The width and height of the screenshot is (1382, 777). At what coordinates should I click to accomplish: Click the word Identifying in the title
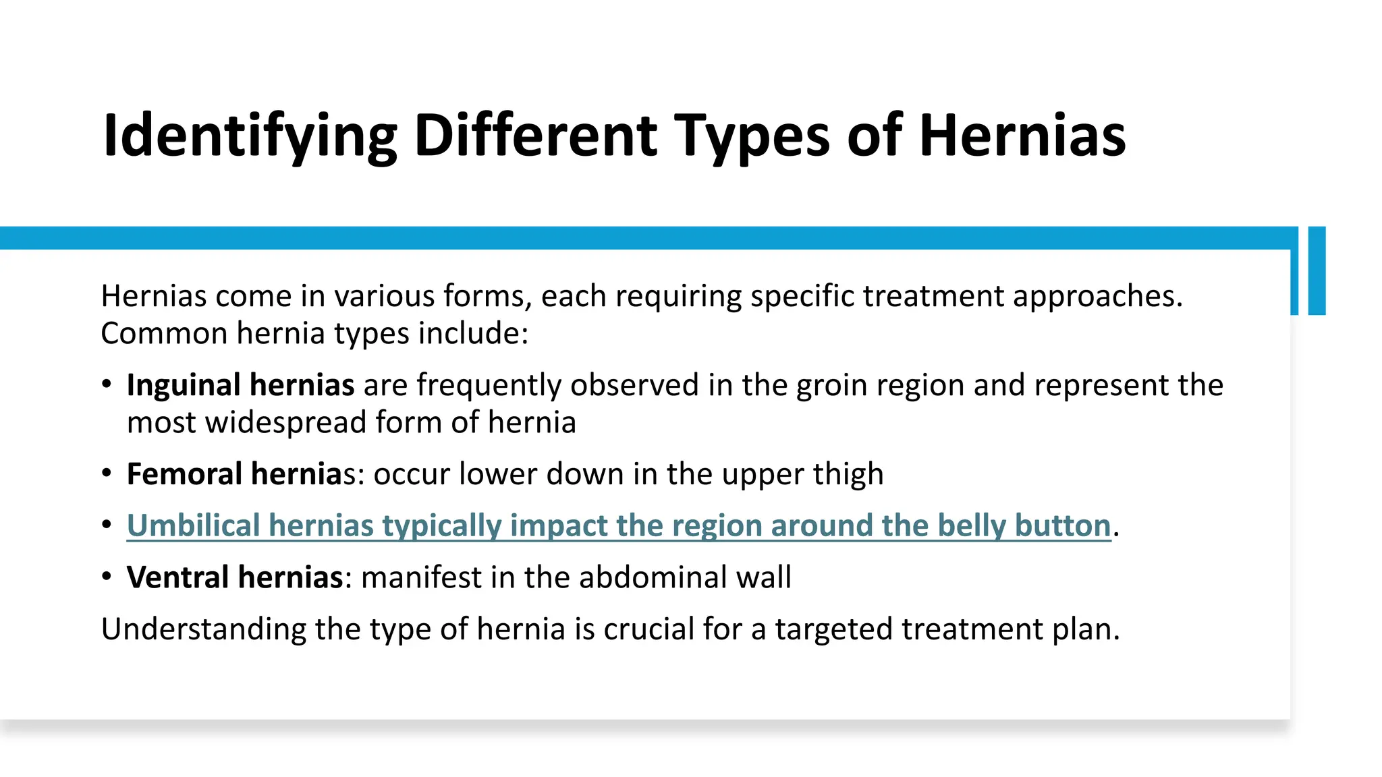(250, 136)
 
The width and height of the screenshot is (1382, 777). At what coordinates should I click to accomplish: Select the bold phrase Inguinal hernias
(240, 385)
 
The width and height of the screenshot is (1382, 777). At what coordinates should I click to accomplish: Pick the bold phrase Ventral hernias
(235, 577)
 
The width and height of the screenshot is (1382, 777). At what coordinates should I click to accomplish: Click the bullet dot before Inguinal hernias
(107, 384)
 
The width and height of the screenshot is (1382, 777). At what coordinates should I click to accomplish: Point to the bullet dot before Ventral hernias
(107, 577)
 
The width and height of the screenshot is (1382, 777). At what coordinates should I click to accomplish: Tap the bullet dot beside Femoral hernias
(107, 473)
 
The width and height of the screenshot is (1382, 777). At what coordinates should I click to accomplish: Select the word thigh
(848, 474)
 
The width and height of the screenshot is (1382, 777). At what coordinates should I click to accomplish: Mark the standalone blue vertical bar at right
(1317, 270)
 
